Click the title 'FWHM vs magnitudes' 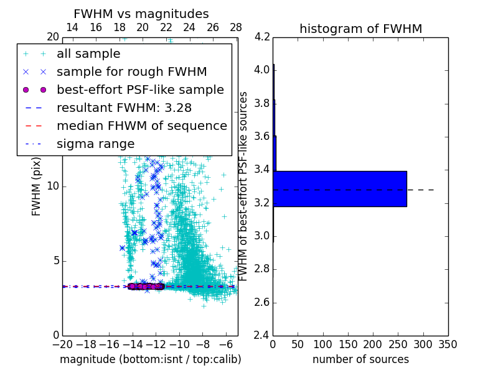[x=141, y=14]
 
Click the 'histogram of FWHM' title [x=360, y=29]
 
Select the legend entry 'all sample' [x=88, y=53]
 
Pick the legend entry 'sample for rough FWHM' [x=131, y=71]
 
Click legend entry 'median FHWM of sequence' [x=141, y=126]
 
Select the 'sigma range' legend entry [x=95, y=144]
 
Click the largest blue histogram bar [x=340, y=188]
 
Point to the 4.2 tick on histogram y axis [x=263, y=37]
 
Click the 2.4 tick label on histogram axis [x=263, y=336]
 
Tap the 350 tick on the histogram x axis [x=448, y=344]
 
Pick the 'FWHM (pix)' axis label [x=37, y=186]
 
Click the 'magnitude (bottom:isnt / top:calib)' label [x=150, y=359]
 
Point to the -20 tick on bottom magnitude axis [x=62, y=344]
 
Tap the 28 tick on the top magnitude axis [x=236, y=27]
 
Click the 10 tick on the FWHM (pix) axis [x=52, y=186]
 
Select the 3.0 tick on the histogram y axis [x=263, y=236]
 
